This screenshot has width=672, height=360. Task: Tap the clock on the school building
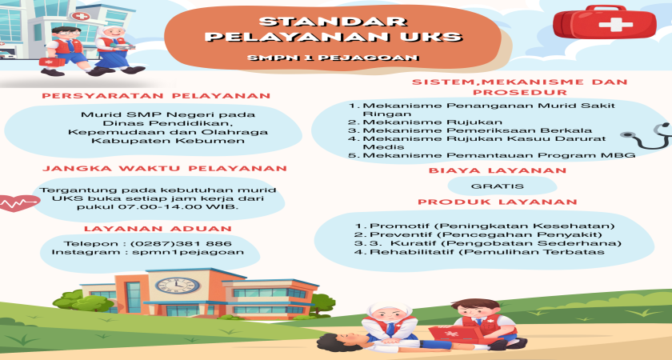point(178,285)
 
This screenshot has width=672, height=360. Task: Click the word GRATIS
point(497,186)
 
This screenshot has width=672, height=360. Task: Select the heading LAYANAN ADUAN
point(158,229)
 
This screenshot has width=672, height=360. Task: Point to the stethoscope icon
point(647,136)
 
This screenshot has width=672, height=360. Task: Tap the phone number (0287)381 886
point(181,243)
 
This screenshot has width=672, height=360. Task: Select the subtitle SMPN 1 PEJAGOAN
point(333,58)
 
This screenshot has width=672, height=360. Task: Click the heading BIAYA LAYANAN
point(498,170)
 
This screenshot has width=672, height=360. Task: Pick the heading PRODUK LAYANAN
point(498,202)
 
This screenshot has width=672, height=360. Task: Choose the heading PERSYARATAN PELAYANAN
point(156,96)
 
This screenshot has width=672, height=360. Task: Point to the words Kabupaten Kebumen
point(168,141)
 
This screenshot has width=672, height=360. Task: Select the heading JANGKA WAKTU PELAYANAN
point(165,169)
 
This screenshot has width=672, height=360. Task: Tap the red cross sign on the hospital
point(81,16)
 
